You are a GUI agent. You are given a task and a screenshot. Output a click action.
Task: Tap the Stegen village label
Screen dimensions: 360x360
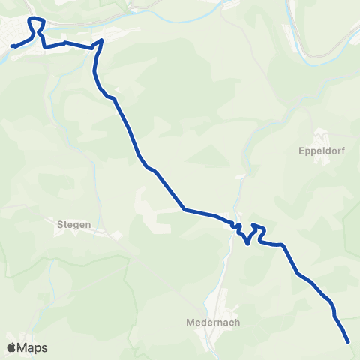point(73,223)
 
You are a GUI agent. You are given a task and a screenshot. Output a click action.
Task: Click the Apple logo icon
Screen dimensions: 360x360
point(11,347)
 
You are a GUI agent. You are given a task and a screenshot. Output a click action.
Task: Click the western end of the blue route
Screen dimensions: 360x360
point(12,46)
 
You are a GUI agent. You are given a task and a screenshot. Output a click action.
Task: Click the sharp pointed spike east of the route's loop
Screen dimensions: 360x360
point(100,40)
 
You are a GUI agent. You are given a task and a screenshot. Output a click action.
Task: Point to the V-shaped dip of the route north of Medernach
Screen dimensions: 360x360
point(247,242)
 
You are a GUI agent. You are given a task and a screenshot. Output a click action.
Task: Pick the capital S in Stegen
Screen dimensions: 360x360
point(59,223)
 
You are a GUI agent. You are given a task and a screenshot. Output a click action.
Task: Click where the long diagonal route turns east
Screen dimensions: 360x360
point(184,209)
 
